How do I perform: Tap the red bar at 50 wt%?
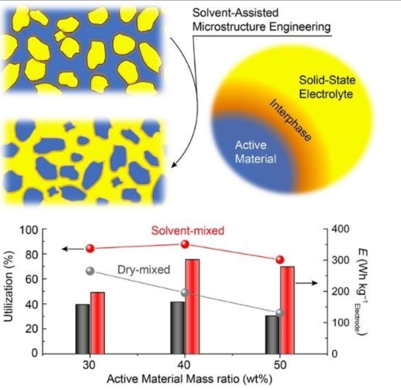[x=287, y=310]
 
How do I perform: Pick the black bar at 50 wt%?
[x=272, y=334]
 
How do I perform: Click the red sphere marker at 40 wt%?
[x=185, y=244]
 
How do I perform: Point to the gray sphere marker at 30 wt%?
[x=90, y=271]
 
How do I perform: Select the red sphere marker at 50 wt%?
[x=280, y=260]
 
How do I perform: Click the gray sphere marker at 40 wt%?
[x=185, y=293]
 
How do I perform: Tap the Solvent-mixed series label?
[x=188, y=231]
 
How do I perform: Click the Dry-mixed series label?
[x=143, y=270]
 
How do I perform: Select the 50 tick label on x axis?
[x=280, y=365]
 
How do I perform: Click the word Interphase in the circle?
[x=290, y=120]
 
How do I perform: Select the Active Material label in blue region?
[x=255, y=152]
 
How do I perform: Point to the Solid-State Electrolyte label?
[x=327, y=87]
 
